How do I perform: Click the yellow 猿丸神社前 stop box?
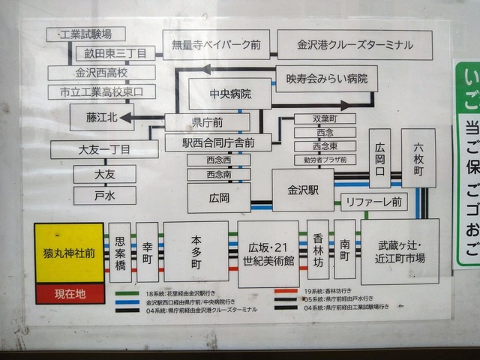coord(70,253)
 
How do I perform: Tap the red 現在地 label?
coord(70,293)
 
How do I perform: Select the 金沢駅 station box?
coord(302,190)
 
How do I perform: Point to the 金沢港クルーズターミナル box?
coord(355,45)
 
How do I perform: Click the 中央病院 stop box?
coord(229,94)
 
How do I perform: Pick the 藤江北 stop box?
coord(101,117)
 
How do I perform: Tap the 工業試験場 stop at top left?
coord(85,34)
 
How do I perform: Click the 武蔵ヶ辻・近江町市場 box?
coord(400,251)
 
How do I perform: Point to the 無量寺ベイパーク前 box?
coord(215,45)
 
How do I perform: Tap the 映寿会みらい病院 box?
coord(326,78)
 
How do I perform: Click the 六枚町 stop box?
coord(418,157)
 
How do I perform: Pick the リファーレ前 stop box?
coord(373,202)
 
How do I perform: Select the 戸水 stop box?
coord(104,196)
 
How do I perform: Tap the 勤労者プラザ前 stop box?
coord(324,160)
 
